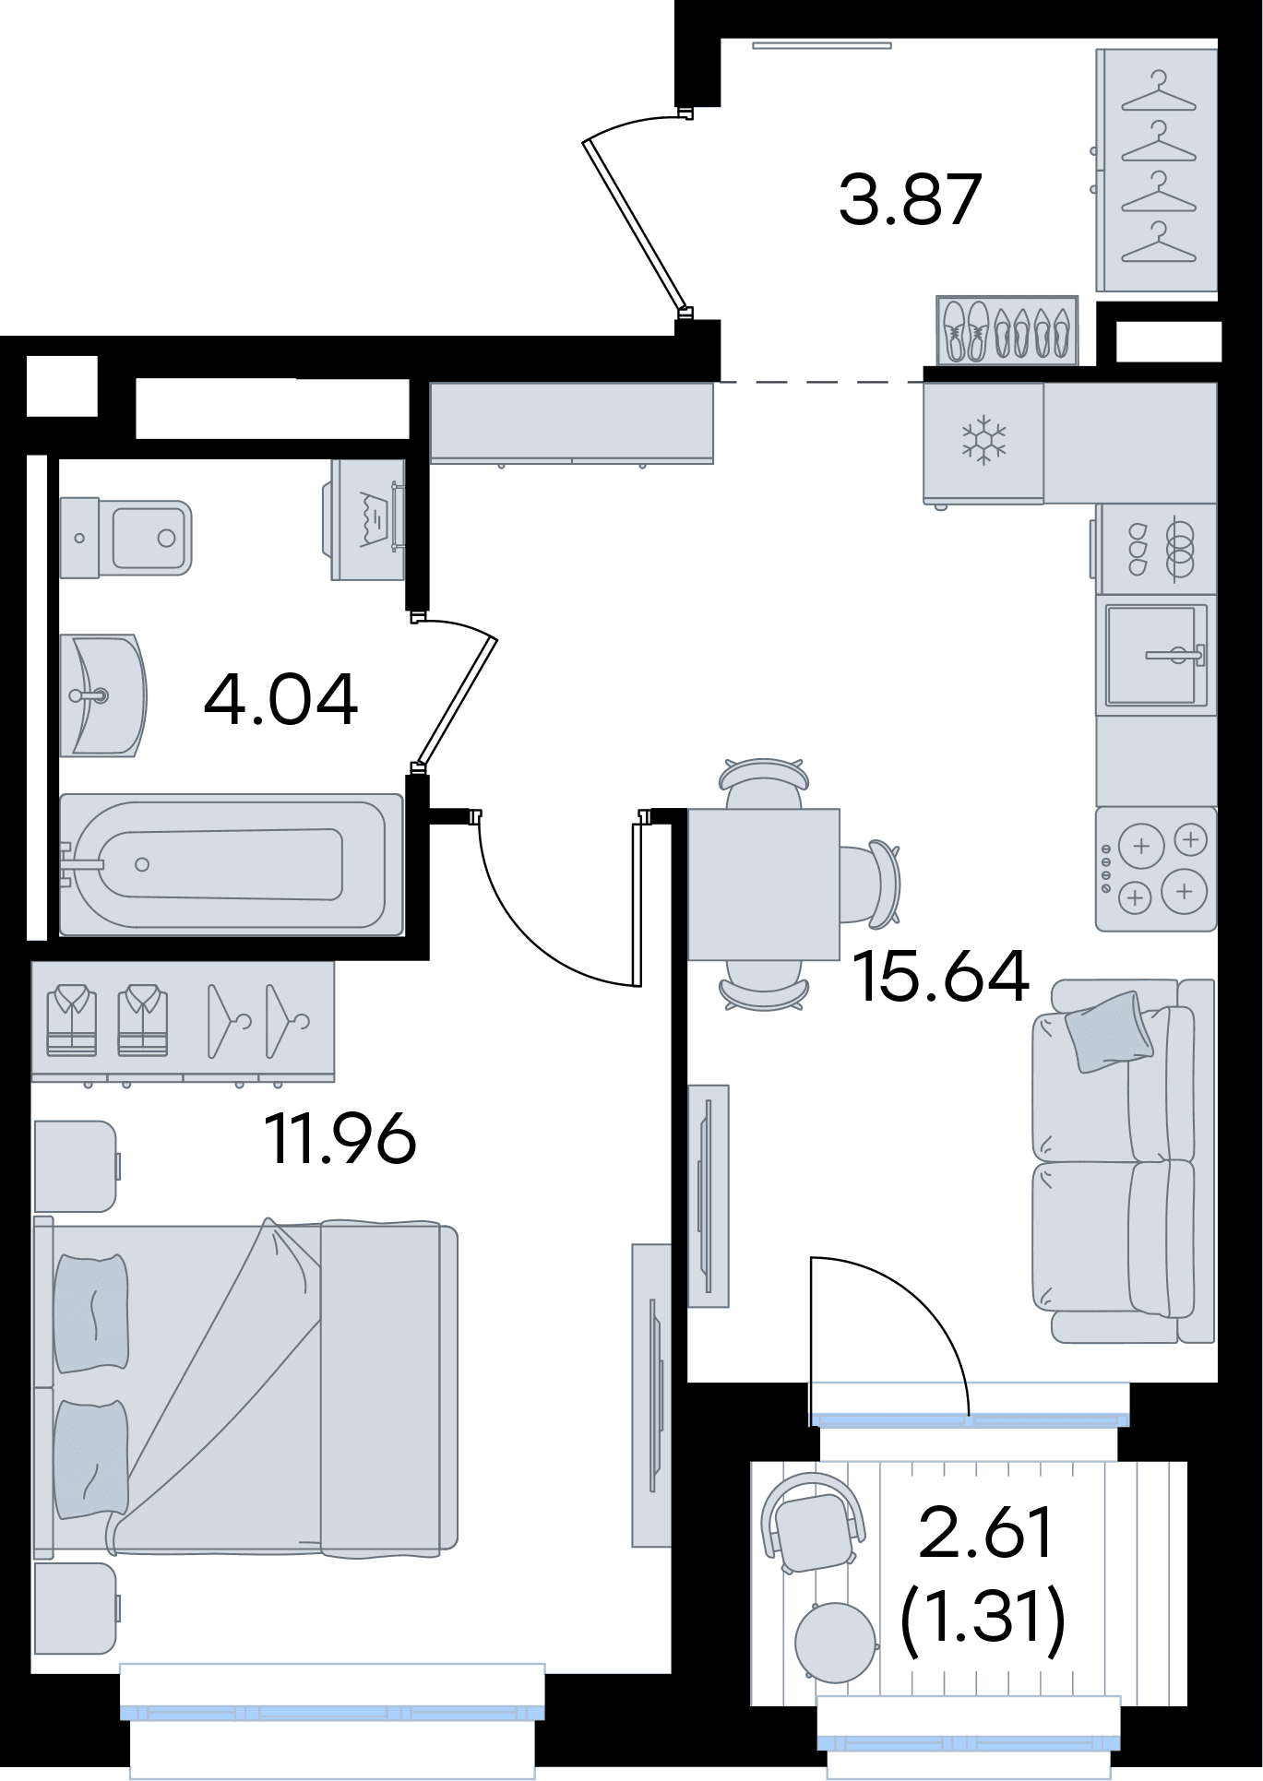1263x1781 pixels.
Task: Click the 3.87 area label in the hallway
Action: coord(910,199)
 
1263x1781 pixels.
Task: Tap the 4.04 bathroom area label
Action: coord(280,700)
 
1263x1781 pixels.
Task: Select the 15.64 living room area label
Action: coord(940,976)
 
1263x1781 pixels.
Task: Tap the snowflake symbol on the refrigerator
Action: coord(984,440)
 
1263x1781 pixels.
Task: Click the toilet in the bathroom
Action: coord(125,538)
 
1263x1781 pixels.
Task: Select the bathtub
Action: coord(232,864)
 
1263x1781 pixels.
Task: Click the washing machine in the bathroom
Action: coord(364,519)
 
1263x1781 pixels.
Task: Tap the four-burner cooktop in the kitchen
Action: coord(1156,869)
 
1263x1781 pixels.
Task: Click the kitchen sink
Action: coord(1156,655)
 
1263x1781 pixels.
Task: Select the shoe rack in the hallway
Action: coord(1007,330)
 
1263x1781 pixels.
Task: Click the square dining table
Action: coord(764,884)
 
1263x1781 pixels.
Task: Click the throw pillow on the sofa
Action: coord(1108,1031)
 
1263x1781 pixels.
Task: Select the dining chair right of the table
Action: coord(870,883)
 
